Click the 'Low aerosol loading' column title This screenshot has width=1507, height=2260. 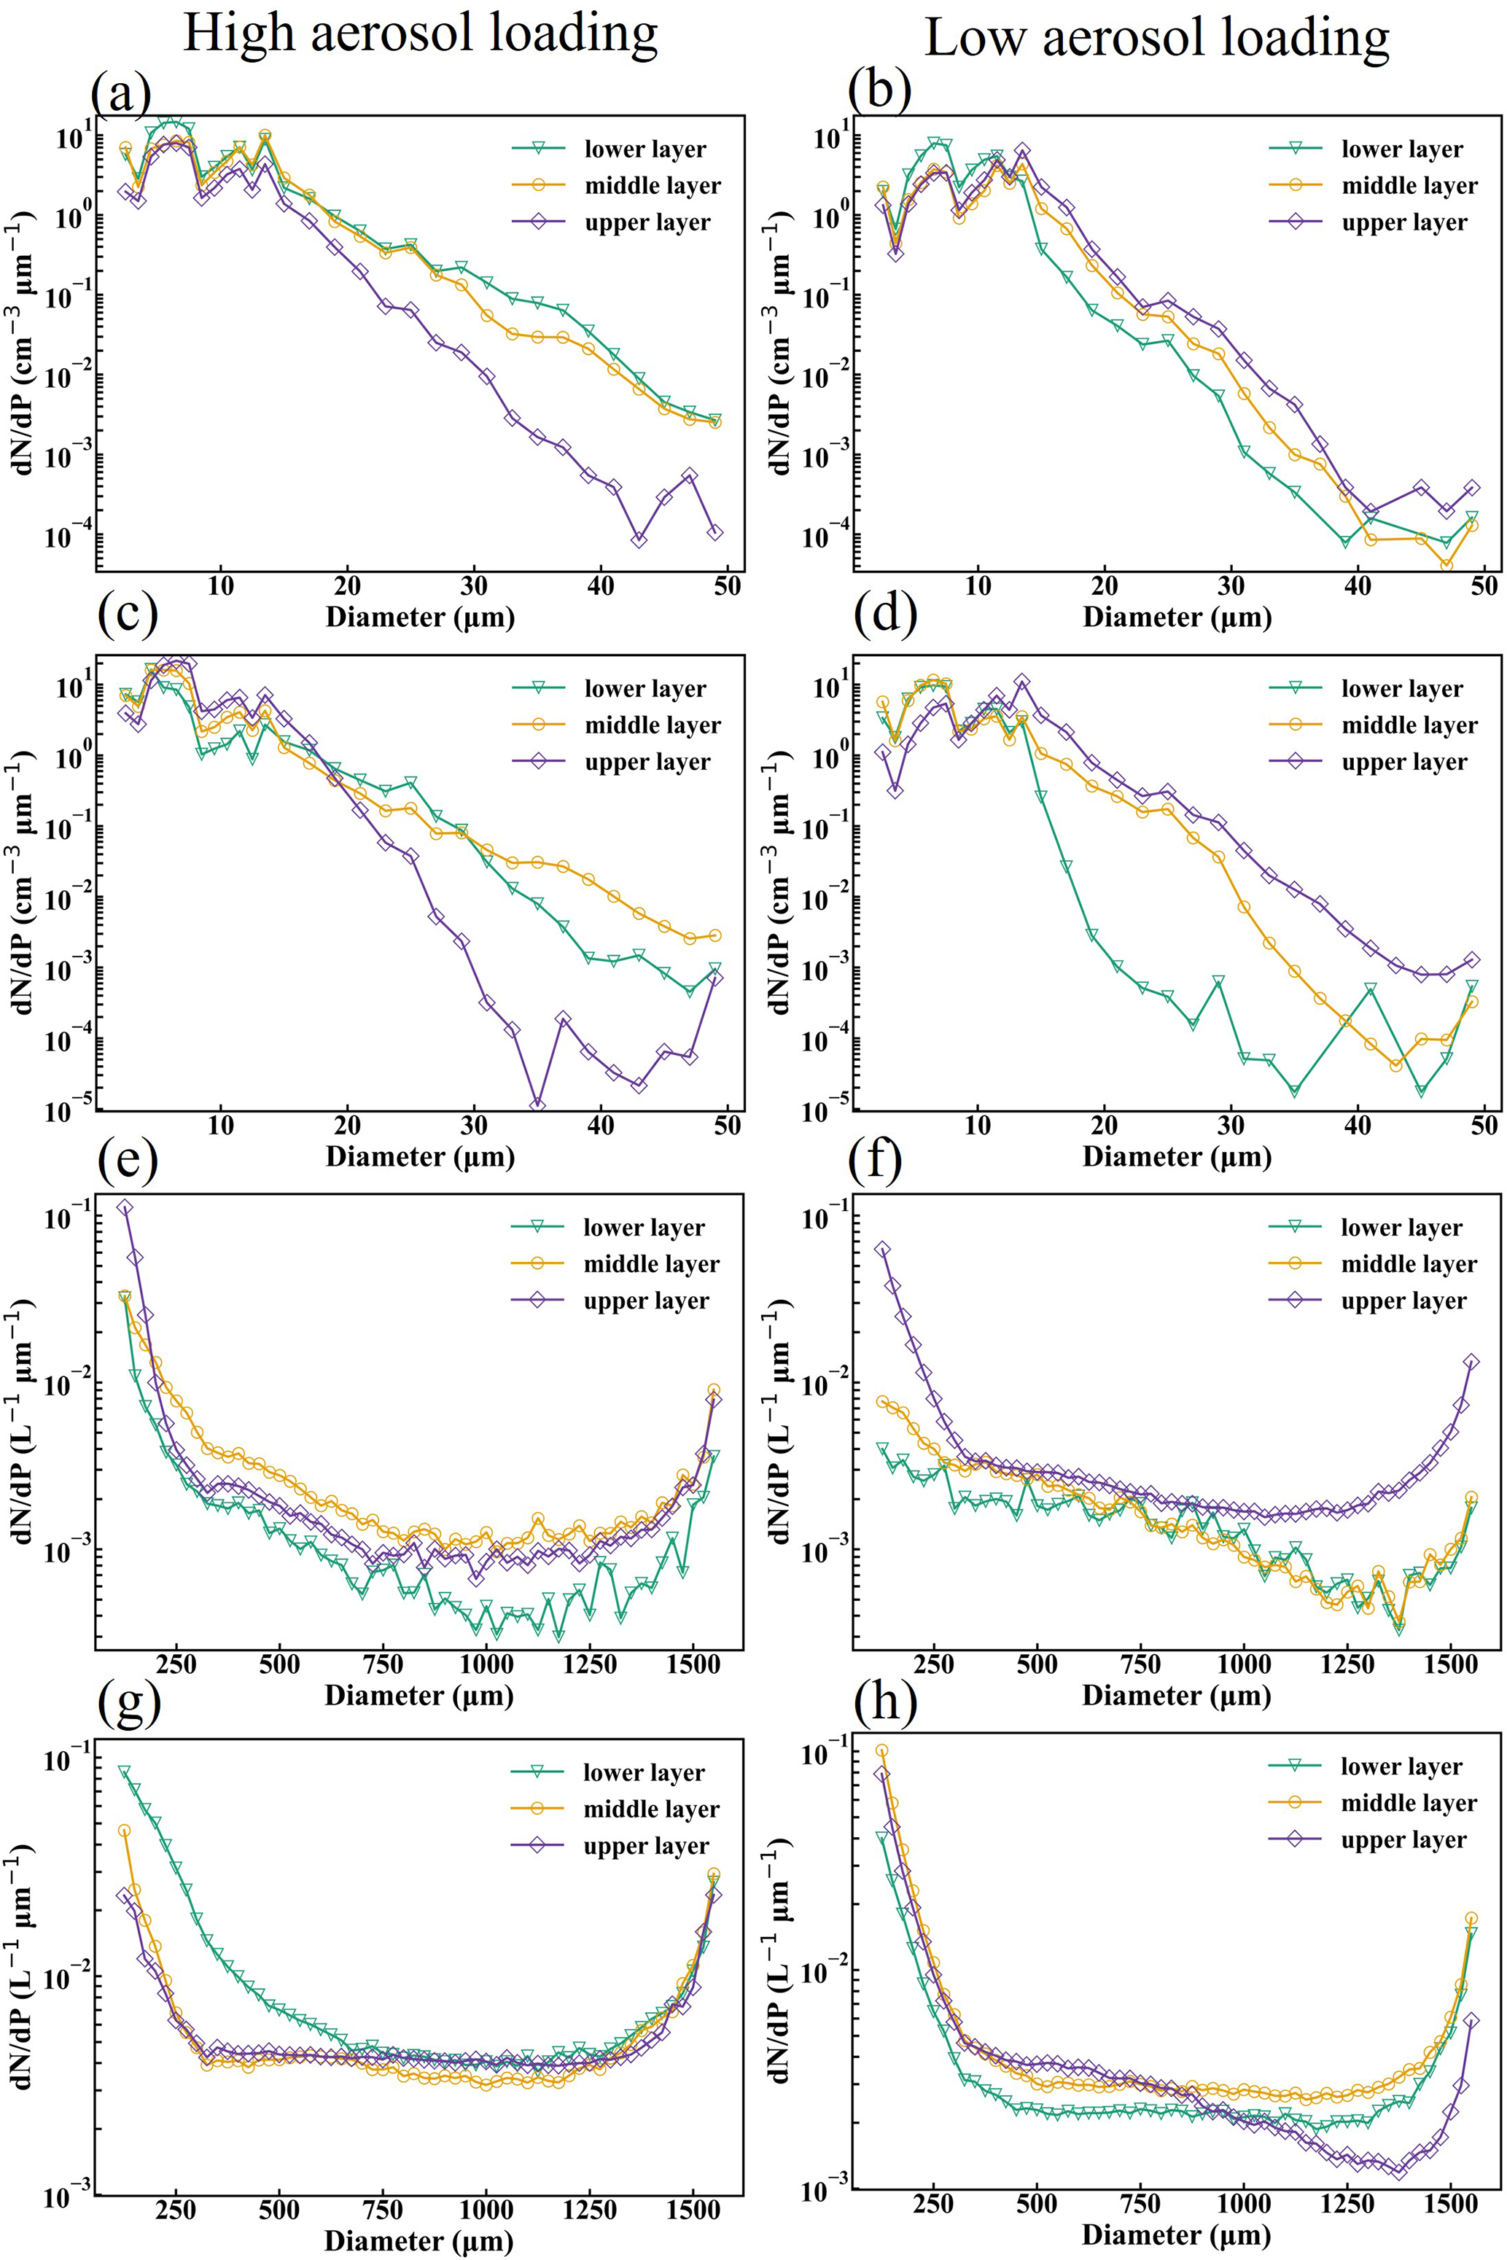1156,39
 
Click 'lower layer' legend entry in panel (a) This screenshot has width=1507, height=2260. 644,149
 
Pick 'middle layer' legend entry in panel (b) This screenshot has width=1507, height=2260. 1409,185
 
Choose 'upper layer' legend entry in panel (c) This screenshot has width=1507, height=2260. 647,762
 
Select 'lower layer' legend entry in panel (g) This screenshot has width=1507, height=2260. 643,1773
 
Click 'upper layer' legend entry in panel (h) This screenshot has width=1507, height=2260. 1403,1840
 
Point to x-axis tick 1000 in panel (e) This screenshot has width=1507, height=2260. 486,1665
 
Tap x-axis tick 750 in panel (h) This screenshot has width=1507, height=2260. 1140,2202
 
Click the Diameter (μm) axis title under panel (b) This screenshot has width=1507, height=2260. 1177,617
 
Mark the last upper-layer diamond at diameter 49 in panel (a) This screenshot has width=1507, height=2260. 715,532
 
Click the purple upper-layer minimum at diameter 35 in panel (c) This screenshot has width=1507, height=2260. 537,1105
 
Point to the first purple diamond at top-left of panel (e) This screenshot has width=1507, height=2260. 124,1208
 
